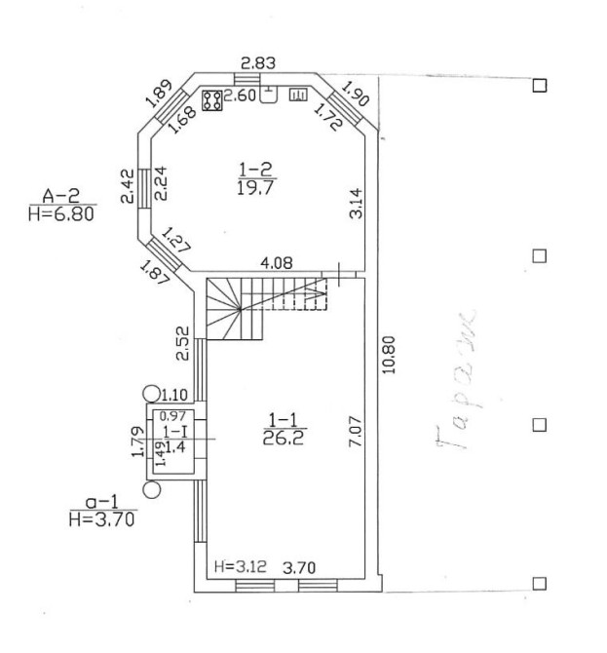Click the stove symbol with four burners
coord(211,100)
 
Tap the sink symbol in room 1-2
coord(269,94)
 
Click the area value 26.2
coord(284,438)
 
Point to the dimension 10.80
coord(389,355)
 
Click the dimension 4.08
coord(277,263)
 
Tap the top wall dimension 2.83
coord(258,63)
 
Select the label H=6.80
coord(61,214)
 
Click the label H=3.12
coord(241,566)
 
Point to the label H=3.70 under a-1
coord(101,519)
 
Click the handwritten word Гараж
coord(456,378)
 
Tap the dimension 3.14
coord(356,204)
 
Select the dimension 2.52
coord(182,343)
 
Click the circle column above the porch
coord(151,394)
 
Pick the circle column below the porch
coord(152,489)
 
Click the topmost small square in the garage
coord(540,86)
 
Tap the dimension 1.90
coord(356,94)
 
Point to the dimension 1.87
coord(155,272)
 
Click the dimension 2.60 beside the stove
coord(240,96)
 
